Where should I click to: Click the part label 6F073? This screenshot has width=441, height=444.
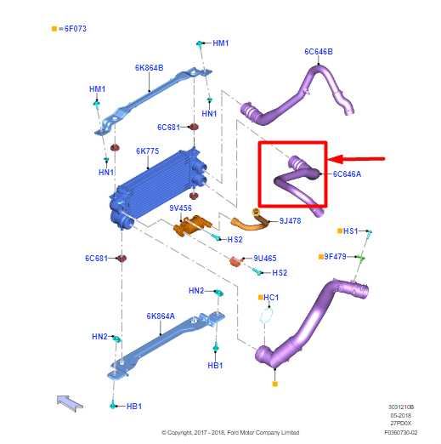[x=76, y=29]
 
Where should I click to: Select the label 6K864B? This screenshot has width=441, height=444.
[x=149, y=68]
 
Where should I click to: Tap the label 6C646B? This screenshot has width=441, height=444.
[x=319, y=52]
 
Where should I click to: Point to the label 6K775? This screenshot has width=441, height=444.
[x=148, y=151]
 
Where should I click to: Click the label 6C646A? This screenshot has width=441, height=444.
[x=347, y=174]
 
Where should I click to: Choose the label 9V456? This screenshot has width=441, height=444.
[x=180, y=208]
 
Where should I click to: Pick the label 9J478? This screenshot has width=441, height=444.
[x=290, y=220]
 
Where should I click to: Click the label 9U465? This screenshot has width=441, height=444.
[x=265, y=259]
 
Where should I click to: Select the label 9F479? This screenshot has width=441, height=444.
[x=335, y=257]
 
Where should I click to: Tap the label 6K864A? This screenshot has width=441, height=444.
[x=161, y=316]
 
